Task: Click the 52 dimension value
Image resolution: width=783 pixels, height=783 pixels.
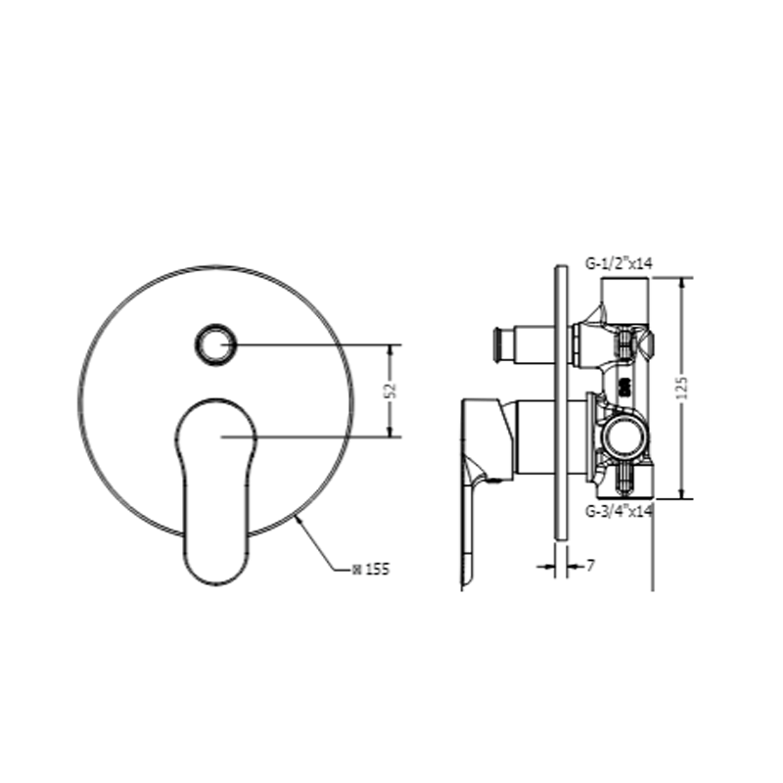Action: (x=392, y=390)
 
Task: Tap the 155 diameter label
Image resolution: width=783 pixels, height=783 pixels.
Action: (x=378, y=570)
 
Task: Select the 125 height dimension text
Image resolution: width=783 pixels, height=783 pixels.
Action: (x=682, y=388)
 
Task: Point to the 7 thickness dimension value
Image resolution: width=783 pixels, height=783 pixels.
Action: (x=591, y=566)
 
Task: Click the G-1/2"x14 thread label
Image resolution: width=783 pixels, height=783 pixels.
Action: (x=619, y=263)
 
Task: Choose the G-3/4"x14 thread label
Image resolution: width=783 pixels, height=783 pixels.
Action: (x=619, y=511)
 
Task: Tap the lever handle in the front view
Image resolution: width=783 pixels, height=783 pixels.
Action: (x=216, y=491)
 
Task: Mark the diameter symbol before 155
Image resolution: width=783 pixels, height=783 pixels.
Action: (x=356, y=570)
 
